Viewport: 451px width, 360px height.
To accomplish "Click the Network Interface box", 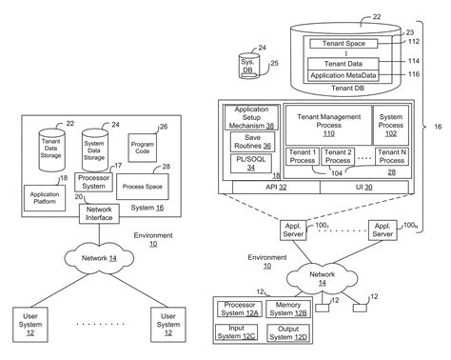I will pos(99,214).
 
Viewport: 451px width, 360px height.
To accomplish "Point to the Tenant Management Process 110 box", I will pos(327,122).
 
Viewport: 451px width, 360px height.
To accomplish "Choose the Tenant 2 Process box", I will pos(338,157).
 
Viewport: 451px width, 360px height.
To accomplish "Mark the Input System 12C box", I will pos(238,332).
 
